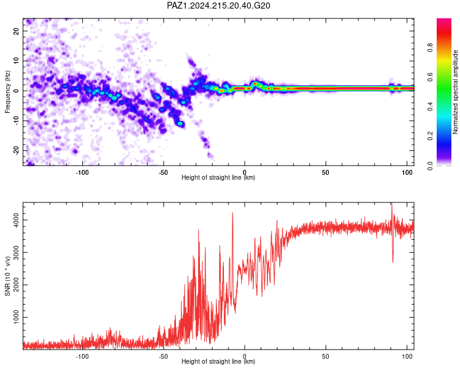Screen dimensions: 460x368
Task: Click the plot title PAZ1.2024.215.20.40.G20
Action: pos(218,6)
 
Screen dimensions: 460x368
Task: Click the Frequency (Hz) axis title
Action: pos(7,92)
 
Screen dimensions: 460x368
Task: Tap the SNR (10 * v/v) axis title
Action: pos(7,276)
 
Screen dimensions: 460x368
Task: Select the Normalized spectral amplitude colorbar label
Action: pos(455,92)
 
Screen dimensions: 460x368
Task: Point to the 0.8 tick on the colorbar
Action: pos(430,47)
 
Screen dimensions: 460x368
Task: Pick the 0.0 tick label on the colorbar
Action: pos(430,166)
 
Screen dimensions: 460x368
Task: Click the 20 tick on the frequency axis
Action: pos(16,31)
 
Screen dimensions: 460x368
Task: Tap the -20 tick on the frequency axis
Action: pos(16,150)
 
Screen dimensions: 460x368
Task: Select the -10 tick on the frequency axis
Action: pos(16,120)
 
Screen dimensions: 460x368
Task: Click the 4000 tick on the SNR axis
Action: pos(16,220)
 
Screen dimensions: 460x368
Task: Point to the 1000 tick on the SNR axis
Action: pos(16,317)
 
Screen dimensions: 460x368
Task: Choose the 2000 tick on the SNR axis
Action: pos(16,285)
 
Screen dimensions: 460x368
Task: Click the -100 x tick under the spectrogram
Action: pos(82,172)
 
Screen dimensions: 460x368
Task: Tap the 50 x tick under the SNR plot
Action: pos(325,356)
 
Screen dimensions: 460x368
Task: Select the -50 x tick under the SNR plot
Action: pos(163,356)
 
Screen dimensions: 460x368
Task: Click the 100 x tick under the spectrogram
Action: pos(407,172)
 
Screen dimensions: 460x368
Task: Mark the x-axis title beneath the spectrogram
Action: pos(218,177)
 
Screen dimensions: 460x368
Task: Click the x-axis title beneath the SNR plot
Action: pos(218,361)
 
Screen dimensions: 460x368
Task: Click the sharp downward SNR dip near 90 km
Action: pos(393,261)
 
